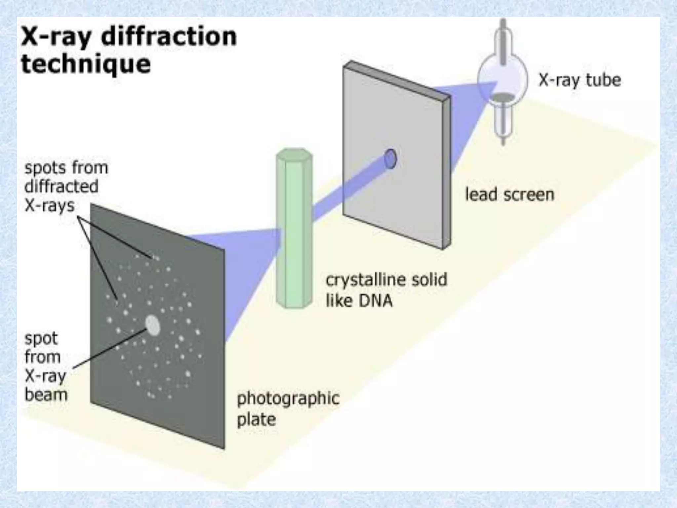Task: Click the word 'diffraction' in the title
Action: coord(169,37)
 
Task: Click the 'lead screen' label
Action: coord(510,194)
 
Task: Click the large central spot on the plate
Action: coord(153,325)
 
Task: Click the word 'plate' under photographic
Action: coord(257,420)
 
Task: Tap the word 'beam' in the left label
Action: coord(46,395)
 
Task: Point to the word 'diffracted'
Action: coord(61,187)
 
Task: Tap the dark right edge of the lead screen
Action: coord(446,172)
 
